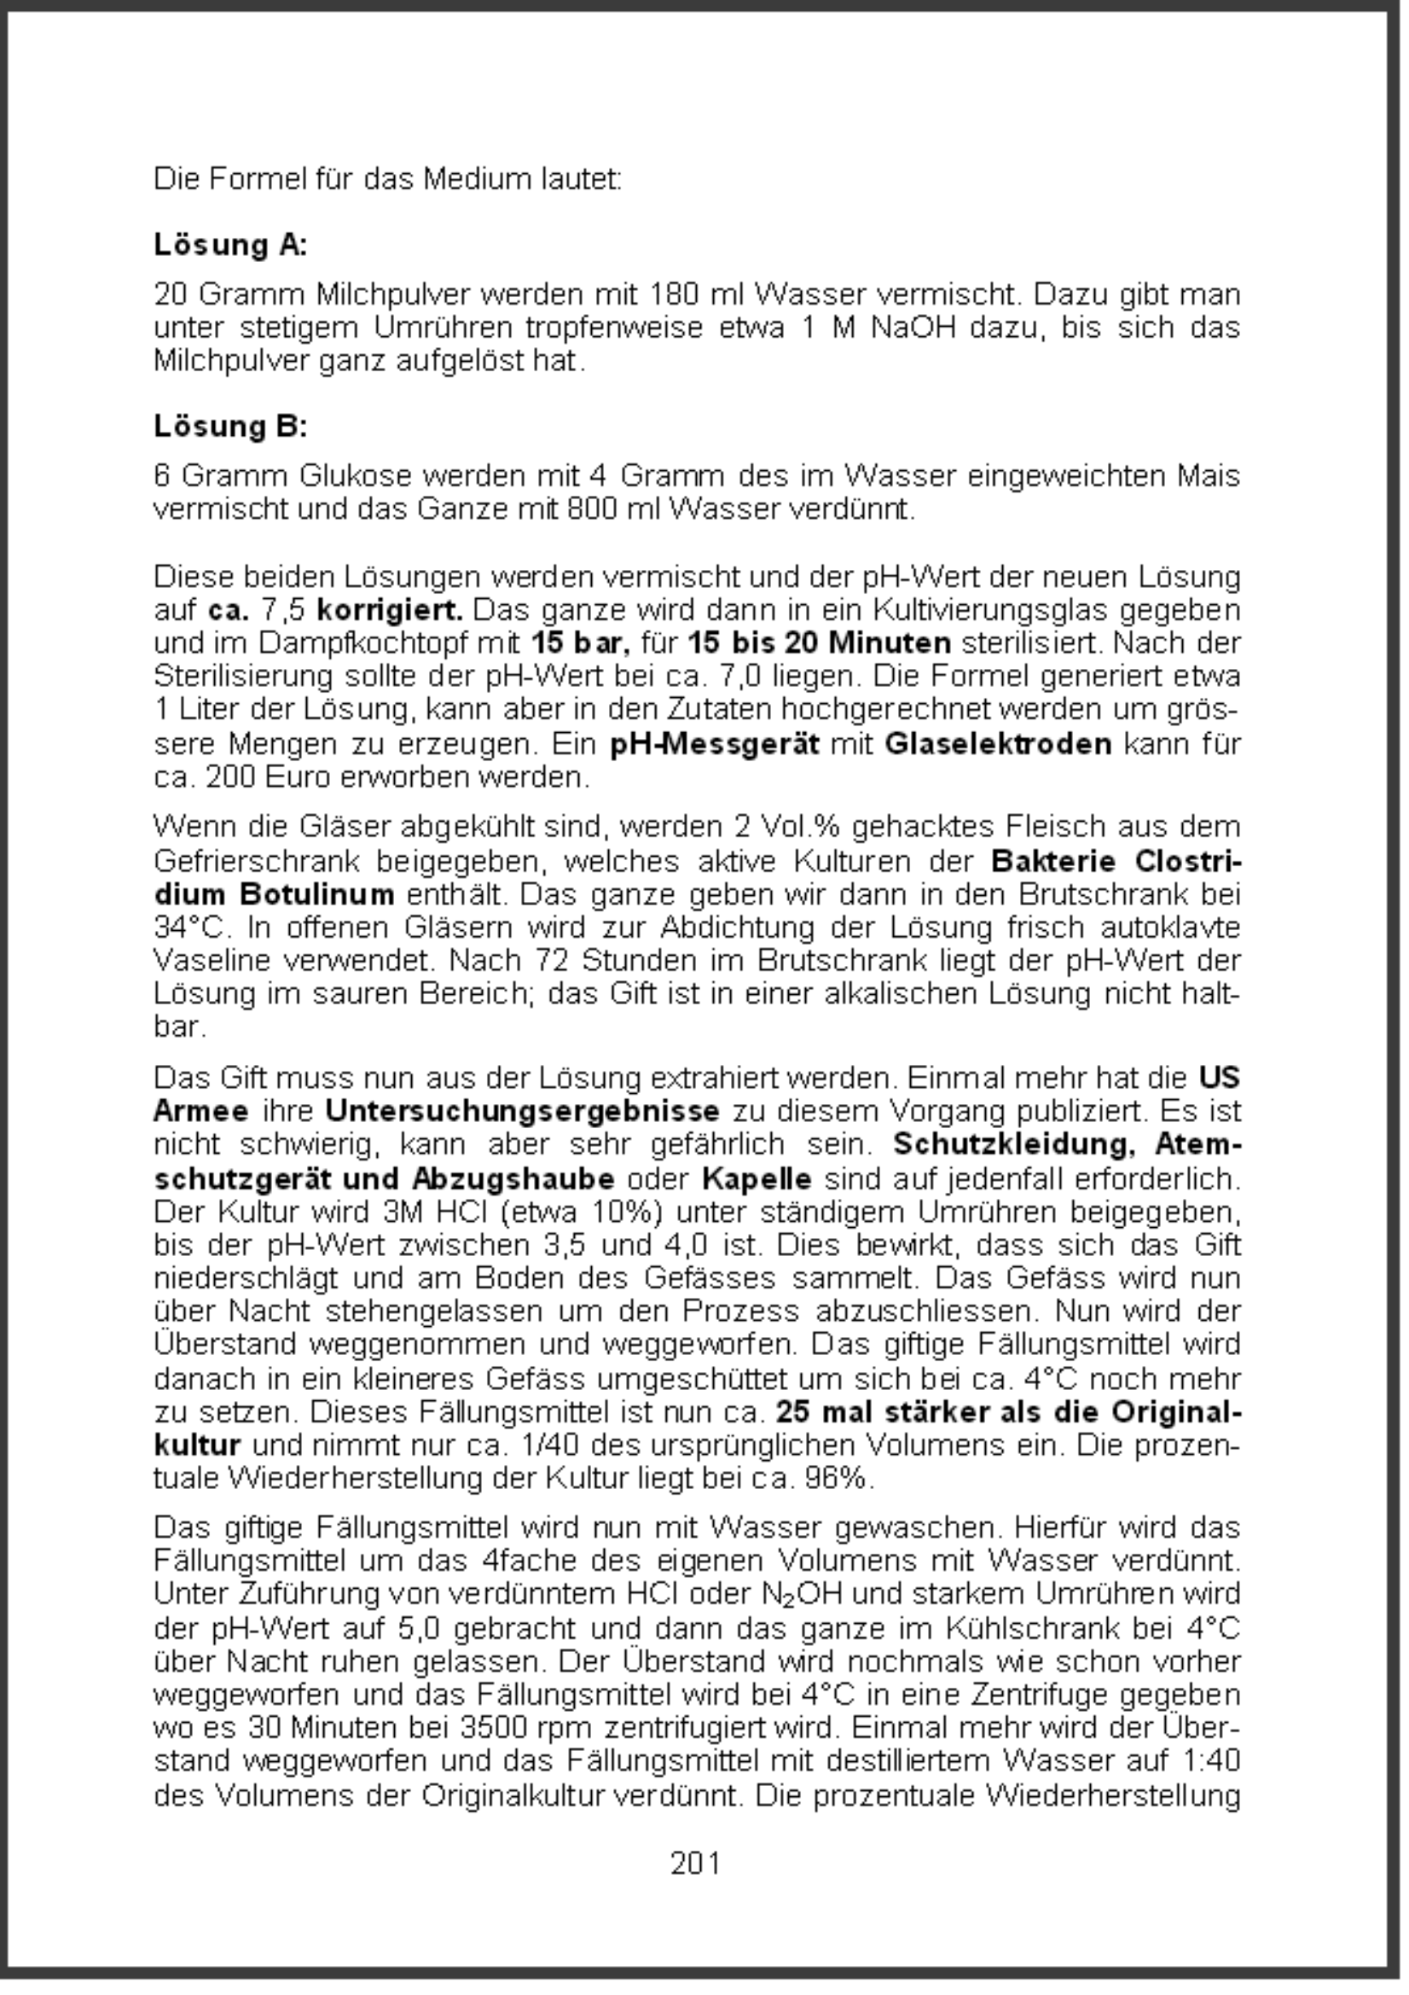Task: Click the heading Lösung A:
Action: [x=230, y=245]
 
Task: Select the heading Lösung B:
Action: [x=230, y=427]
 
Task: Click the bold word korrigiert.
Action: [x=390, y=610]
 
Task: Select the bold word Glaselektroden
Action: [x=998, y=745]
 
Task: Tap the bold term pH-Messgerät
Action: [x=715, y=745]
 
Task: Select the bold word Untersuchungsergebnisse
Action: [x=523, y=1111]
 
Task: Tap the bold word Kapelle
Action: [x=757, y=1179]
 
